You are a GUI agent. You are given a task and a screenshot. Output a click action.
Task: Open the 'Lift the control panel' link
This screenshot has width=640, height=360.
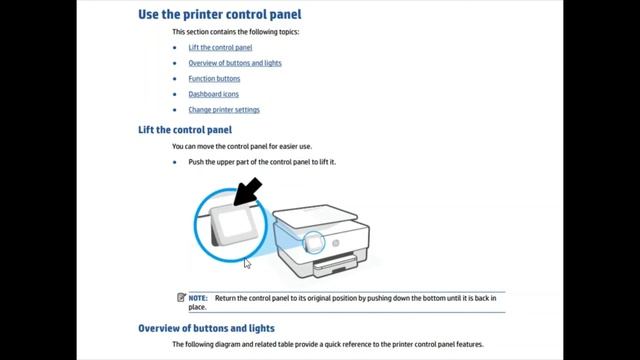tap(220, 47)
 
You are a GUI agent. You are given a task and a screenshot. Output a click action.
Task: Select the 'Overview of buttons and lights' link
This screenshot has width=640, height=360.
tap(235, 63)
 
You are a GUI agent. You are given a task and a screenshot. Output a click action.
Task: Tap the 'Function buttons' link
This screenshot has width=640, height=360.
tap(214, 78)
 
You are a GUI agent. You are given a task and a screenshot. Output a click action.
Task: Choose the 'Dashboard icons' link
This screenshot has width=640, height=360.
tap(213, 94)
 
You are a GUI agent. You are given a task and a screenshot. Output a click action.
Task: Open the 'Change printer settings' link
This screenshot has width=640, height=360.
tap(224, 110)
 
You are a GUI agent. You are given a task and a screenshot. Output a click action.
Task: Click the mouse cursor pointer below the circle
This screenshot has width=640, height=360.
tap(247, 263)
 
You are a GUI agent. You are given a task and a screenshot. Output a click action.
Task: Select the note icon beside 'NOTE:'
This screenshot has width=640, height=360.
tap(181, 298)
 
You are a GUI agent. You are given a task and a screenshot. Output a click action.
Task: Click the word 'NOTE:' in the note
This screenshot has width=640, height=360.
tap(198, 298)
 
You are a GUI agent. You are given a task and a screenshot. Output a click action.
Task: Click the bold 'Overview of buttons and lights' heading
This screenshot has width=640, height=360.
tap(206, 328)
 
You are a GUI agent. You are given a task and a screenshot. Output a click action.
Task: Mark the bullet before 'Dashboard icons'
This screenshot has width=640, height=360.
tap(174, 94)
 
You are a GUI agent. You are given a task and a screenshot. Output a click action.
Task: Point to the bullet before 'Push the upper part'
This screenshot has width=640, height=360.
tap(174, 162)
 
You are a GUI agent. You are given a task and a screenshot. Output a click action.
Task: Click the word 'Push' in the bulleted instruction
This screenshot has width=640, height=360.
tap(197, 162)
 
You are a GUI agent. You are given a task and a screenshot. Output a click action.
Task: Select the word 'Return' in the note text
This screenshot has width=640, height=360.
tap(226, 298)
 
